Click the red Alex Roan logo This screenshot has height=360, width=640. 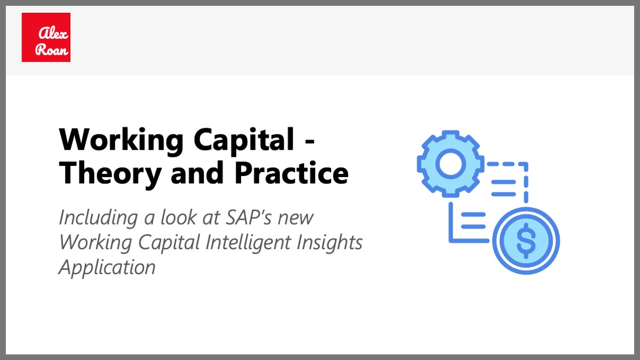46,37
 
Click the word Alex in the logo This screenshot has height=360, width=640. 53,33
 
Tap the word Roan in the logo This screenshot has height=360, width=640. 52,50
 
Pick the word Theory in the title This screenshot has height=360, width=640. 110,173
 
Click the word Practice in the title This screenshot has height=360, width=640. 291,173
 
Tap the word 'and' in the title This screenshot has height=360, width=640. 197,172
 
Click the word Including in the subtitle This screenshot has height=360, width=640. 99,218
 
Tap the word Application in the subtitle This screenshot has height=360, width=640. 107,268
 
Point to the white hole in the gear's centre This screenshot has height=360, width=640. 451,164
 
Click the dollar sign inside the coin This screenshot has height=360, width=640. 526,241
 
